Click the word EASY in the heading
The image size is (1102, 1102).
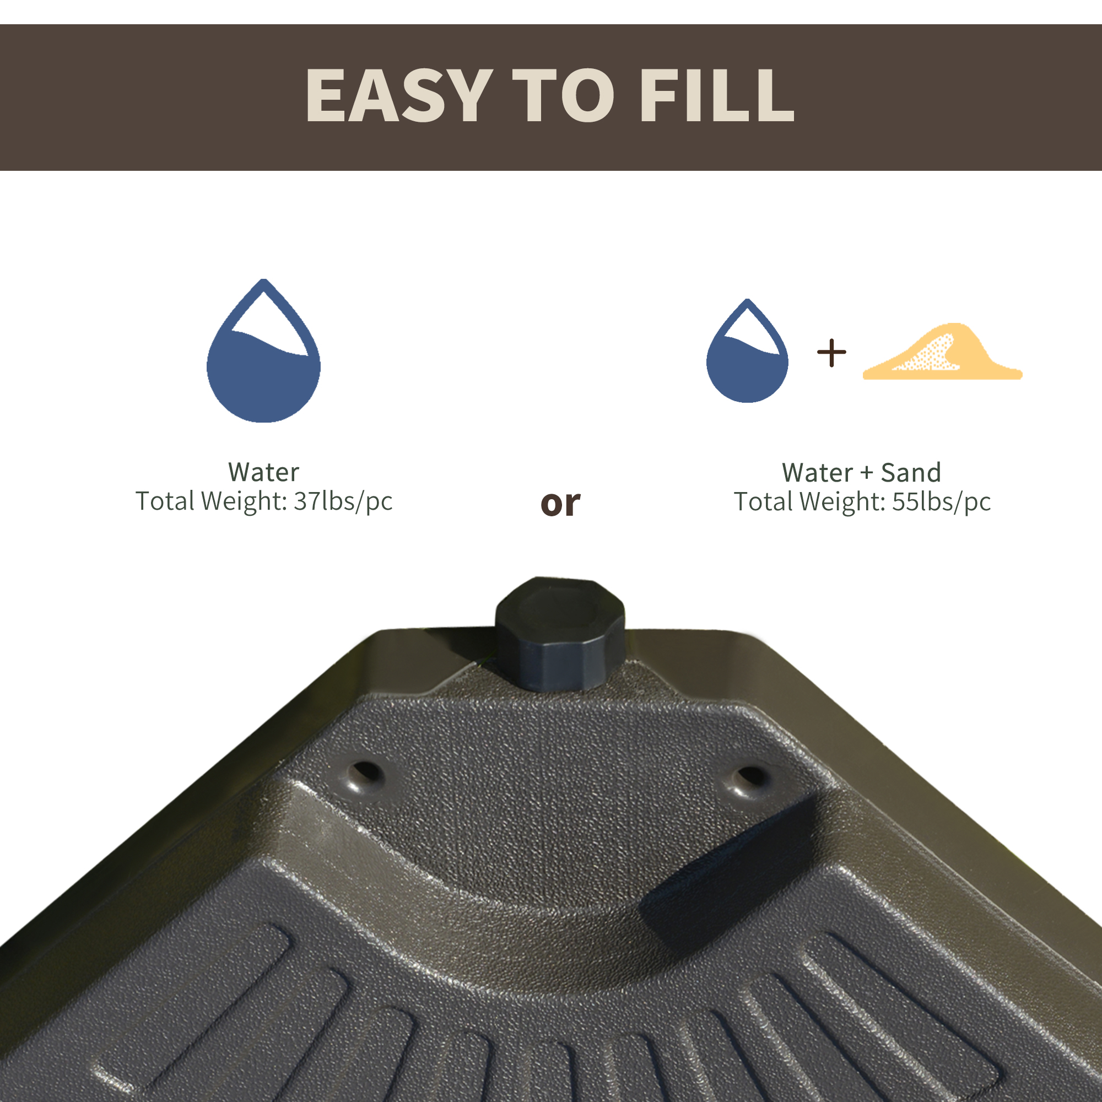pos(399,95)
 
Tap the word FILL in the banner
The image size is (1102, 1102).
pos(717,95)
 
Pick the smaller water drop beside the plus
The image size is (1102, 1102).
pos(747,365)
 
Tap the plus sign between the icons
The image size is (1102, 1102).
pos(831,353)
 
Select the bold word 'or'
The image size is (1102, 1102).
pos(560,503)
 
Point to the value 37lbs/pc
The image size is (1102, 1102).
pos(343,501)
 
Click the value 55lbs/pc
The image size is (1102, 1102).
pos(941,502)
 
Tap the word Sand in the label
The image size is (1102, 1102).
pos(910,473)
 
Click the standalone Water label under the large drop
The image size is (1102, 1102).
pos(263,472)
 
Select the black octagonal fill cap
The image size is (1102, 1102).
pos(560,633)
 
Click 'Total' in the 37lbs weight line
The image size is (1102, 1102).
pos(165,501)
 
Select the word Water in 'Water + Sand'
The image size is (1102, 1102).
pos(817,473)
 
